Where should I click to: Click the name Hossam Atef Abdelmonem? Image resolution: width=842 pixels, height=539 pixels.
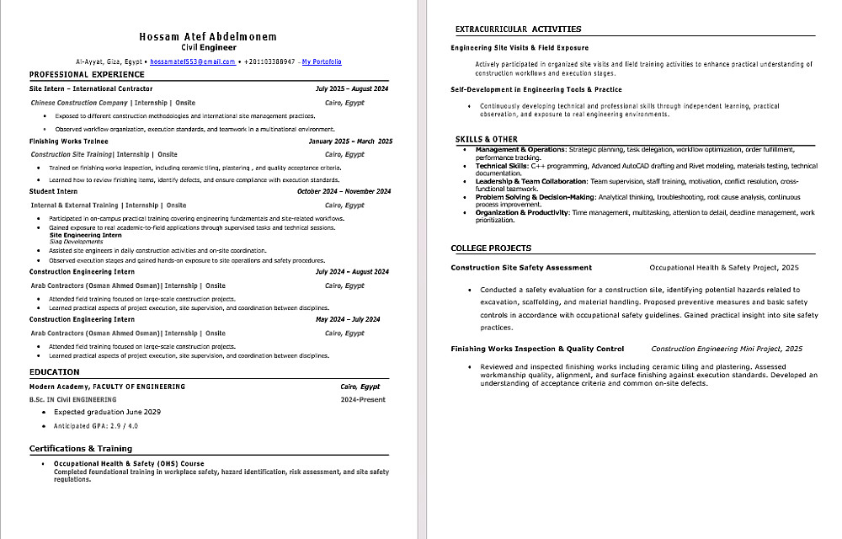pos(207,37)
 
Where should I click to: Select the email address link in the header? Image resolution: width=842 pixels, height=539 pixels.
pos(193,61)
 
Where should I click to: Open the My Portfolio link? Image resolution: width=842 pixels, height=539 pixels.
pos(322,61)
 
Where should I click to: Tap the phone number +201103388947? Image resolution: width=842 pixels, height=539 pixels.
pos(269,61)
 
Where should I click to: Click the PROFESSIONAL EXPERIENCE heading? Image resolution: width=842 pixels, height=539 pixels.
pos(87,74)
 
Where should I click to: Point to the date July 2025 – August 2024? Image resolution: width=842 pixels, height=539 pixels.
pos(351,88)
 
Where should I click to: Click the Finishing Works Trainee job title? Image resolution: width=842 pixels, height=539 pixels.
pos(68,141)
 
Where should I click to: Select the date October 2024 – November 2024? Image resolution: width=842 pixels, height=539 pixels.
pos(344,191)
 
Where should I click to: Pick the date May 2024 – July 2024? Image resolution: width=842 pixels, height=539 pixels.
pos(347,319)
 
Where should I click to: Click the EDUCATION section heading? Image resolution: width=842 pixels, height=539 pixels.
pos(55,371)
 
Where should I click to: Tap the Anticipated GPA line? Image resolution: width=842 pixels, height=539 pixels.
pos(96,427)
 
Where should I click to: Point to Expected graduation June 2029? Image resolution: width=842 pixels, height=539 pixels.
pos(107,413)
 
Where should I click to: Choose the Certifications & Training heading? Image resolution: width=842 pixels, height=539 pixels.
pos(81,449)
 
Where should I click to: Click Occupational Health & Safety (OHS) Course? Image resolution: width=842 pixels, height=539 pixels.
pos(129,464)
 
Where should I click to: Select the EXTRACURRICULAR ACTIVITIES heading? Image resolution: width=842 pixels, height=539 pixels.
pos(518,29)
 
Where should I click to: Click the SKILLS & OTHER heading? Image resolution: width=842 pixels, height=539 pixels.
pos(487,139)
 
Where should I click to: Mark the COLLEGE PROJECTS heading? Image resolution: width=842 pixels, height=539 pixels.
pos(491,248)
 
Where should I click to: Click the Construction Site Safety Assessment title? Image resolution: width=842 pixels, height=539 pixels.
pos(521,268)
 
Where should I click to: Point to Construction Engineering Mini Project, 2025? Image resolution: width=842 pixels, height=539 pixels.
pos(727,349)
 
